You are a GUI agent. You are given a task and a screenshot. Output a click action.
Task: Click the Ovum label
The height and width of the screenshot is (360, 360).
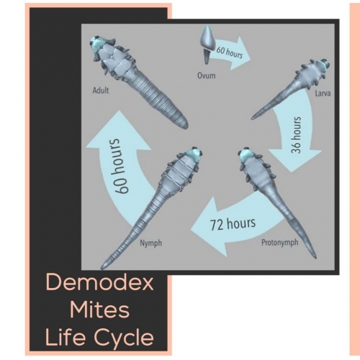(207, 76)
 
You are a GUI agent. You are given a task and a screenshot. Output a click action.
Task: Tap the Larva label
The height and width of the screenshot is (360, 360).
(323, 94)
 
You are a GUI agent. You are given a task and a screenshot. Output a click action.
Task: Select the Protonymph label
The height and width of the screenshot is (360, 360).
(280, 243)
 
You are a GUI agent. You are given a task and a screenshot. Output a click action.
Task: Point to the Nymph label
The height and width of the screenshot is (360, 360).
(151, 243)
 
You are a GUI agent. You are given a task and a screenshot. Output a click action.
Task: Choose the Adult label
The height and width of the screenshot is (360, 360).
(101, 91)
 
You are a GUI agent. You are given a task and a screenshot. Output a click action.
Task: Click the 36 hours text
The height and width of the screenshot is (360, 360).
(296, 135)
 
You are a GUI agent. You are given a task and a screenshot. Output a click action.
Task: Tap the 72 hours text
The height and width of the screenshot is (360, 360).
(233, 223)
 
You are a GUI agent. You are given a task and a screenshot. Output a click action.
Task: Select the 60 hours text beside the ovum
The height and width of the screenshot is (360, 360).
(230, 53)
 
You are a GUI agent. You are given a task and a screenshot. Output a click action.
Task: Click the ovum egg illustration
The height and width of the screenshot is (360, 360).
(207, 45)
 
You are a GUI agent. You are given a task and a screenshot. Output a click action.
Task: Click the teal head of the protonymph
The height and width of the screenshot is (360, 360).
(247, 155)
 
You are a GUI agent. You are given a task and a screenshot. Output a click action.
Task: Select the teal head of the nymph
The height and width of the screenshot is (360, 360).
(194, 154)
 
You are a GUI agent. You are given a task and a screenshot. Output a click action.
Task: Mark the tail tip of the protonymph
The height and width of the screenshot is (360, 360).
(315, 258)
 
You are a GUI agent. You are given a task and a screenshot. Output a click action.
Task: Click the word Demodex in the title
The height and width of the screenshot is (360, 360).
(99, 283)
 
